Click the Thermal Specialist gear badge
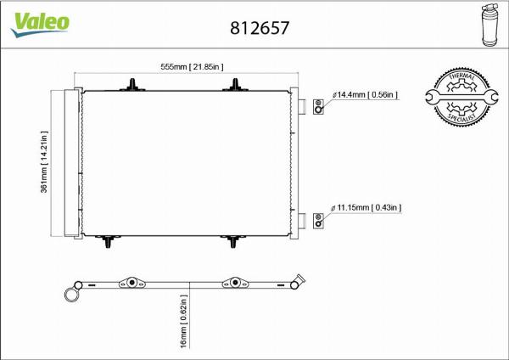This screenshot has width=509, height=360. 465,99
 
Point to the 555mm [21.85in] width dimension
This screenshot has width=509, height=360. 192,66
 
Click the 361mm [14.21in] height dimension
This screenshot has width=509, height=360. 44,161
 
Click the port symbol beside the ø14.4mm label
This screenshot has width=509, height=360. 318,106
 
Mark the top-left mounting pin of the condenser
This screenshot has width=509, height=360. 133,83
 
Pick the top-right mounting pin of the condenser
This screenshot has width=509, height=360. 235,83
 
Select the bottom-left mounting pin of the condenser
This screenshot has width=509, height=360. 109,243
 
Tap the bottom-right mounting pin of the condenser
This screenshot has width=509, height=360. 233,243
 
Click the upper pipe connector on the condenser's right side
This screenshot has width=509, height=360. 301,105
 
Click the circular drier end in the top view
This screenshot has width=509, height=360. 70,294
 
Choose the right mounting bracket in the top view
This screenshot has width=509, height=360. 233,284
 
